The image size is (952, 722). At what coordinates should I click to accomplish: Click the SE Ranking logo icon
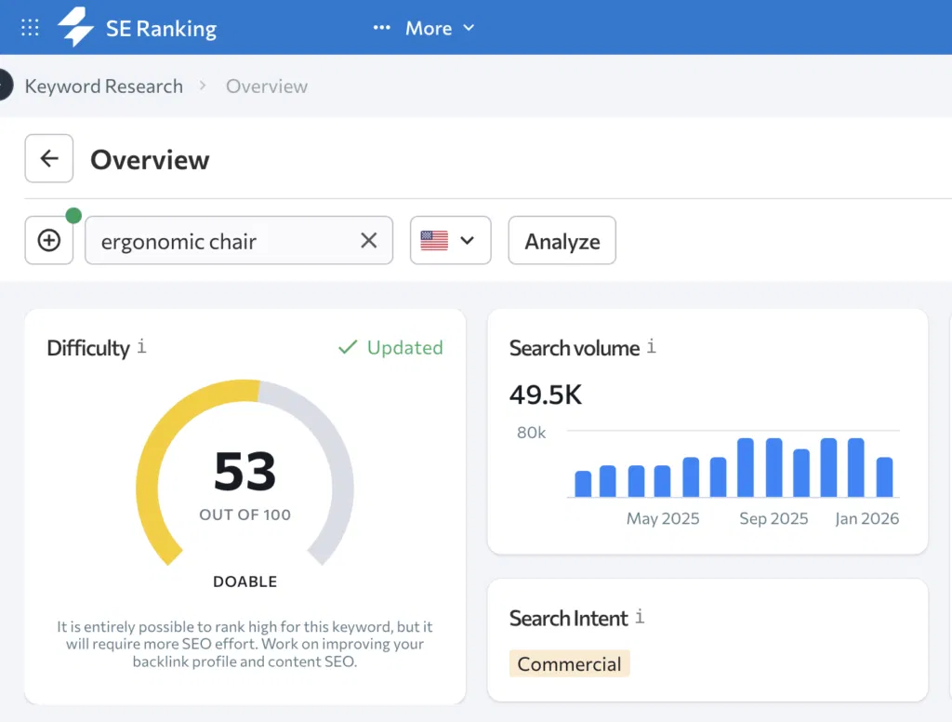76,27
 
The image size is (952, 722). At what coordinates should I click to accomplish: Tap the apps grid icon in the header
30,27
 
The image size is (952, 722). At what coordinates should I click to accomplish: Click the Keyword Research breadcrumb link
103,87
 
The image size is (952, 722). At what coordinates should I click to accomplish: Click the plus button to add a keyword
49,241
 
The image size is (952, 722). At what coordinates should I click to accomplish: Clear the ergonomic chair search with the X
369,241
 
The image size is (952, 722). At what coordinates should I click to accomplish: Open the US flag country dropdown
450,241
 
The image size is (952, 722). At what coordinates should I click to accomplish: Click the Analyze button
562,241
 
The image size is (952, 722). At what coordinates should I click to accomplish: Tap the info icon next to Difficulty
141,347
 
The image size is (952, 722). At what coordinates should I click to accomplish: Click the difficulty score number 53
245,472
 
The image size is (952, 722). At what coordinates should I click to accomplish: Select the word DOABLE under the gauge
245,582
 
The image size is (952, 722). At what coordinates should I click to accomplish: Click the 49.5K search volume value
545,394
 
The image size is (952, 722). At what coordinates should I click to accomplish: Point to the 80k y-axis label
531,433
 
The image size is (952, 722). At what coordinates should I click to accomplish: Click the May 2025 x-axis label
662,518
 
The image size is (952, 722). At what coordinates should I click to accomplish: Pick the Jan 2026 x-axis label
866,518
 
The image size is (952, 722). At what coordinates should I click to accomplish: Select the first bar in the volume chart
583,484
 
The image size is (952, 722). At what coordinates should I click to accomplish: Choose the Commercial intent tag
569,664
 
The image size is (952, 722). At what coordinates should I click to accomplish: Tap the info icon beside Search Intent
640,617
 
